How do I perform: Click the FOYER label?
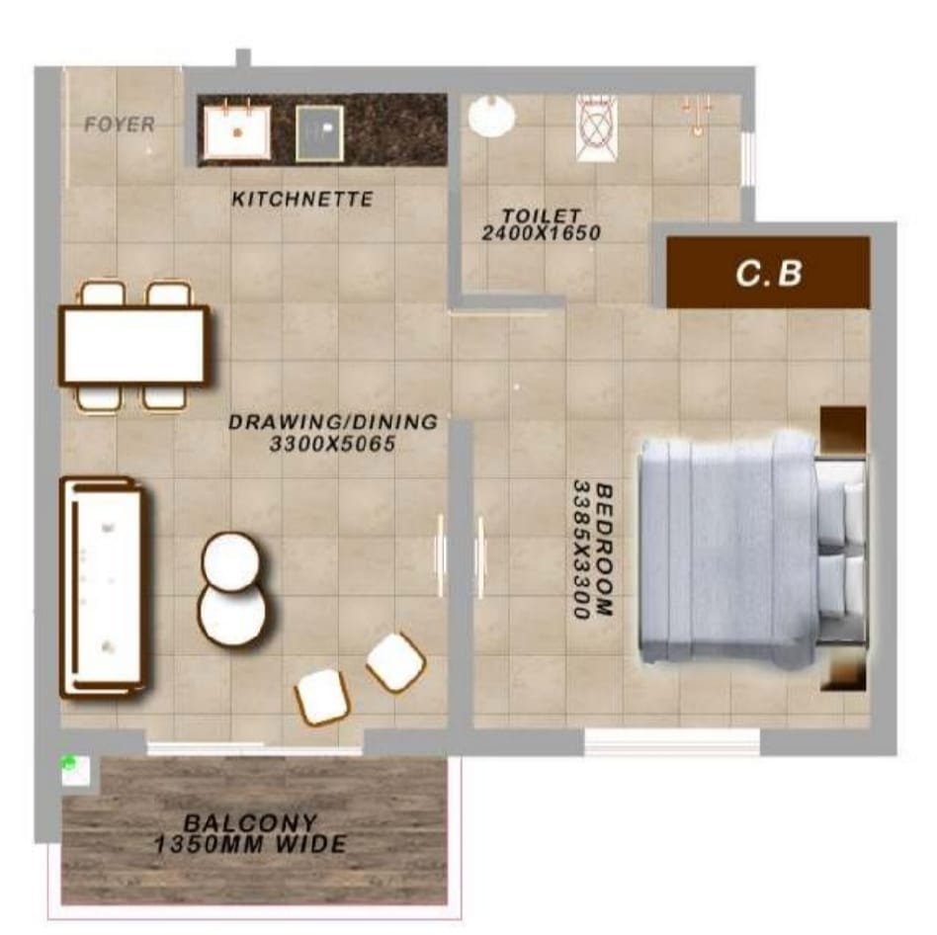pos(120,125)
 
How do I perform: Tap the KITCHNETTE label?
pos(302,199)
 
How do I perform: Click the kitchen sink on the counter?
pos(236,131)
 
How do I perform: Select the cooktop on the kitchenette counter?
pos(319,132)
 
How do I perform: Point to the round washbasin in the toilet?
pos(491,117)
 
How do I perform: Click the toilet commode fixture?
pos(597,127)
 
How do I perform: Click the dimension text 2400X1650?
pos(541,233)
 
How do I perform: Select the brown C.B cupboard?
pos(768,273)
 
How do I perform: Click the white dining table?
pos(133,346)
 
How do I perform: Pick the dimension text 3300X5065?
pos(332,444)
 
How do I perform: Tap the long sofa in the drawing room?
pos(103,587)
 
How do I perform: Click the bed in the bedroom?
pos(752,550)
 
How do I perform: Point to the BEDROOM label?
pos(605,550)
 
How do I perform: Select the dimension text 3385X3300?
pos(581,550)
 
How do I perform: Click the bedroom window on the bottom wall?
pos(672,741)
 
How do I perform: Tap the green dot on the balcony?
pos(69,761)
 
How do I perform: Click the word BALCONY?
pos(250,823)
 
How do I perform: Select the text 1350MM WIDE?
pos(250,844)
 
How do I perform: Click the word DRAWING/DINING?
pos(333,422)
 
